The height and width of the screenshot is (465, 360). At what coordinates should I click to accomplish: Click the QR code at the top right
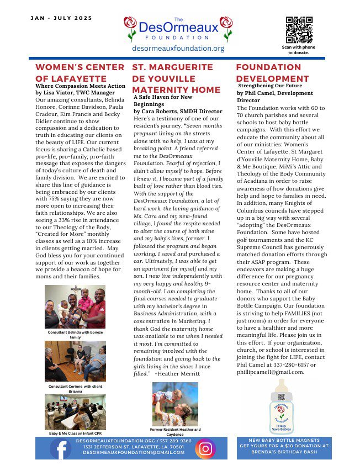pos(299,30)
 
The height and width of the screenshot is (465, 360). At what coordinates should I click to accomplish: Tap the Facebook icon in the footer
pos(60,448)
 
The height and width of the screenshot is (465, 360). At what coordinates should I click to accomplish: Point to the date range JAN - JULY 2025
pos(61,18)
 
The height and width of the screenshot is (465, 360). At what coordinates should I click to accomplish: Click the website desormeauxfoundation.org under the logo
pos(178,49)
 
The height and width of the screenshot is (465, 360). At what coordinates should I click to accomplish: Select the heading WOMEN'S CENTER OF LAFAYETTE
pos(80,72)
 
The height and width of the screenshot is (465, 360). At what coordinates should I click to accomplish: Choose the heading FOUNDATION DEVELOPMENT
pos(272,72)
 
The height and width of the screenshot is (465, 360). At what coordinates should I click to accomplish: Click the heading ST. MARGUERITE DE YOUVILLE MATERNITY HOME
pos(176,78)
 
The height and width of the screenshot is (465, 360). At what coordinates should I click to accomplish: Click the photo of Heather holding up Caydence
pos(175,404)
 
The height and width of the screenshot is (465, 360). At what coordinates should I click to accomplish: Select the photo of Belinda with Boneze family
pos(75,307)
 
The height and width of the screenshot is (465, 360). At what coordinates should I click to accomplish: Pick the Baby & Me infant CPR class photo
pos(75,412)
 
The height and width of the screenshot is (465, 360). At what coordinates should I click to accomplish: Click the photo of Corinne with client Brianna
pos(75,361)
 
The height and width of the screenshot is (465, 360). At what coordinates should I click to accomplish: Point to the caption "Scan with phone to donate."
pos(299,50)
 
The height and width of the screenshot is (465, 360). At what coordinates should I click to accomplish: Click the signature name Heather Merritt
pos(178,374)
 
